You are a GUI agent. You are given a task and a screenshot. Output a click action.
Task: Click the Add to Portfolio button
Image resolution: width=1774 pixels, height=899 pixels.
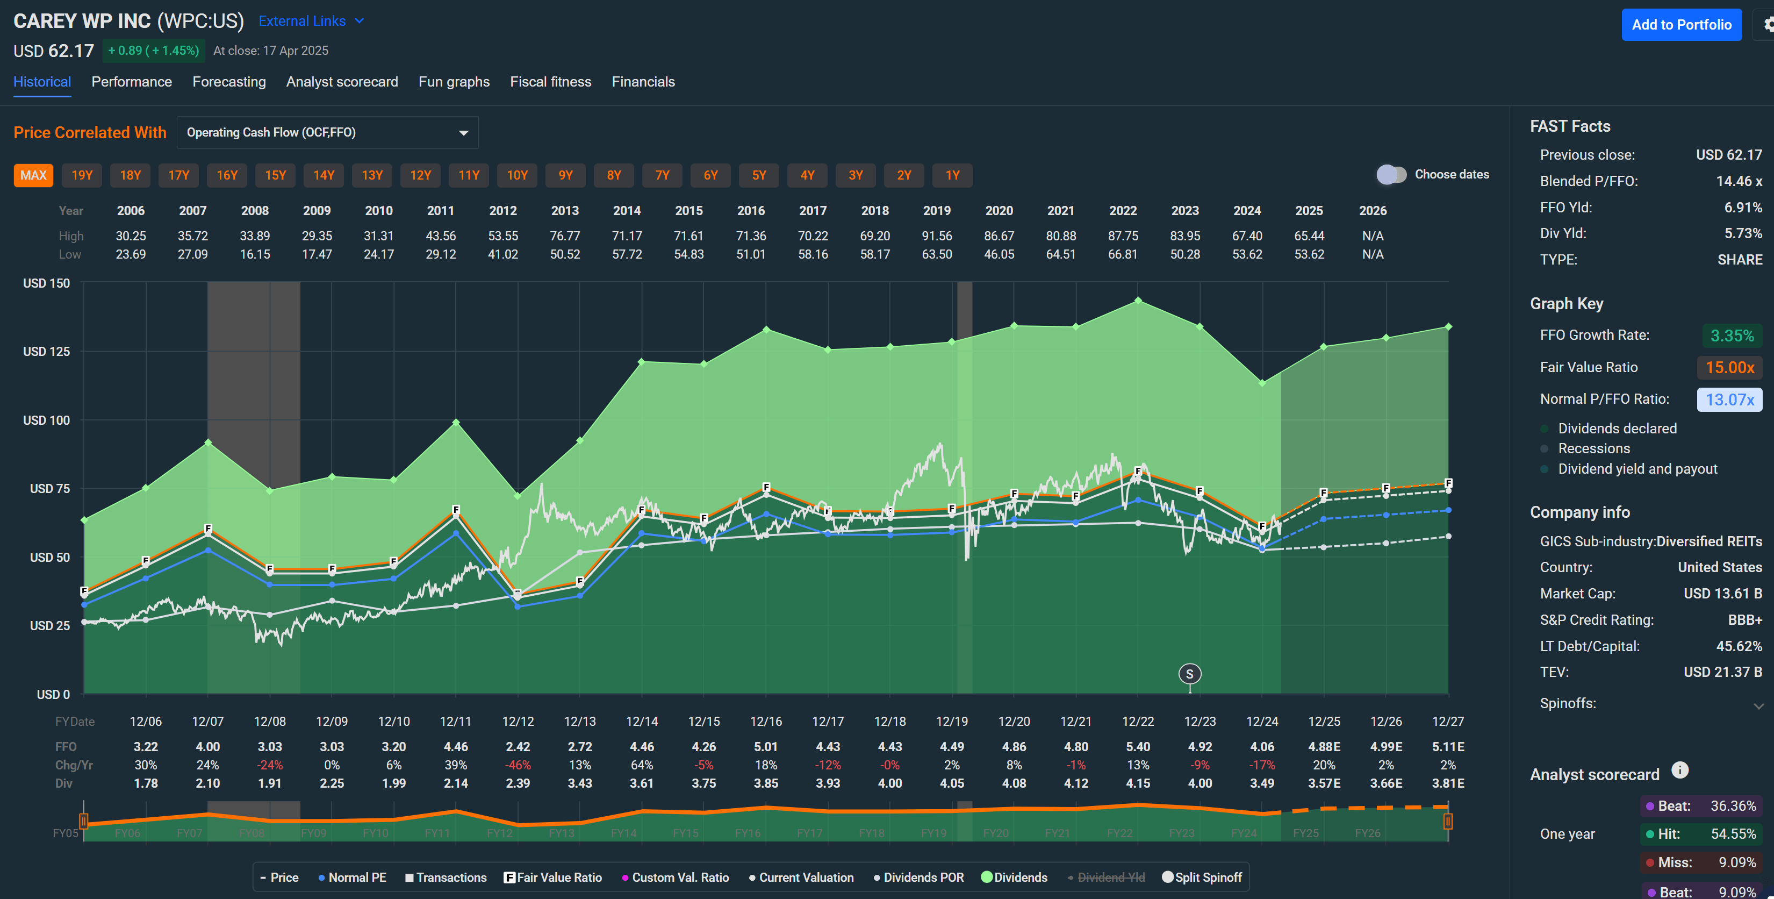tap(1680, 25)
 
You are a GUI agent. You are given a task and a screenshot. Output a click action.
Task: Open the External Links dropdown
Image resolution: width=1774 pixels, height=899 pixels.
tap(311, 22)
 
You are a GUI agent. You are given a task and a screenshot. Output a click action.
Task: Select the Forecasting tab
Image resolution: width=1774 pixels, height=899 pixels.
tap(228, 82)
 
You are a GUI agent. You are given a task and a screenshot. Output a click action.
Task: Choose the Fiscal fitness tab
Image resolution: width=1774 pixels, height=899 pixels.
tap(550, 82)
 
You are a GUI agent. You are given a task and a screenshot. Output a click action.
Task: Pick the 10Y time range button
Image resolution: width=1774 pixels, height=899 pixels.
tap(516, 175)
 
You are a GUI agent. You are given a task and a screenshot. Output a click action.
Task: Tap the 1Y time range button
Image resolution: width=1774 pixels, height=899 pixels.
tap(952, 175)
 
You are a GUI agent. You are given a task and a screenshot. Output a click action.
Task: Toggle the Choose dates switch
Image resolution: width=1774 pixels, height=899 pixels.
tap(1391, 174)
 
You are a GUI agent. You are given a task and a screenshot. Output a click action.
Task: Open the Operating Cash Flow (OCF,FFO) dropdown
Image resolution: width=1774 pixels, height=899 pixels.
tap(327, 132)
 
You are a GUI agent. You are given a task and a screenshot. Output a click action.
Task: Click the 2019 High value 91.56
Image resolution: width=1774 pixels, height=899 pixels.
tap(937, 236)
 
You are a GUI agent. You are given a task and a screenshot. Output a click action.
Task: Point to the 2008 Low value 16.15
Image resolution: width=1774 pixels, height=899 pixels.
tap(255, 254)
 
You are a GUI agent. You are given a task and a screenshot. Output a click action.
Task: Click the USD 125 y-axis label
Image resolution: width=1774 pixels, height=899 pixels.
tap(46, 351)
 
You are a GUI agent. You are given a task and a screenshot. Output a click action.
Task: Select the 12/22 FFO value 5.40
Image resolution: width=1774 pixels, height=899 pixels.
tap(1137, 747)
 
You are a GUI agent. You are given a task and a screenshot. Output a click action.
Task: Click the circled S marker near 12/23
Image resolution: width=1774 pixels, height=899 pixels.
tap(1189, 674)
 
